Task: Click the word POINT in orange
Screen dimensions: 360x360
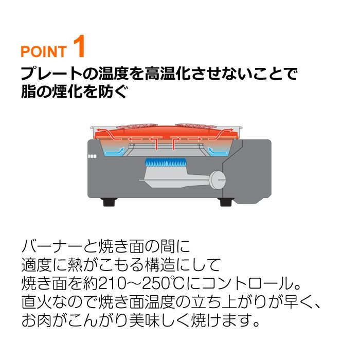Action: pos(44,51)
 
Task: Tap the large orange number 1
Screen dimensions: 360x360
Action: pos(79,46)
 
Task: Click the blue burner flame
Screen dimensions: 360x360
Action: pos(165,163)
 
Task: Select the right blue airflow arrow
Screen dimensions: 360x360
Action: pos(217,152)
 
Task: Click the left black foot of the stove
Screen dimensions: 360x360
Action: pos(109,202)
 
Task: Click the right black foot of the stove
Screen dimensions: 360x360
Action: pos(227,202)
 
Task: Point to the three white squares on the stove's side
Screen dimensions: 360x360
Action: pos(92,156)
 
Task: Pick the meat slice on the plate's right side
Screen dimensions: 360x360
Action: pos(195,126)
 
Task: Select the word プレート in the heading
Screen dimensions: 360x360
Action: pos(51,74)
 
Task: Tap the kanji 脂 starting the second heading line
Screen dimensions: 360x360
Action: pos(28,92)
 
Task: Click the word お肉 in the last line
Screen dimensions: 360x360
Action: pos(37,320)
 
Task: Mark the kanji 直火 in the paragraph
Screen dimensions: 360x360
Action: pos(37,302)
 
